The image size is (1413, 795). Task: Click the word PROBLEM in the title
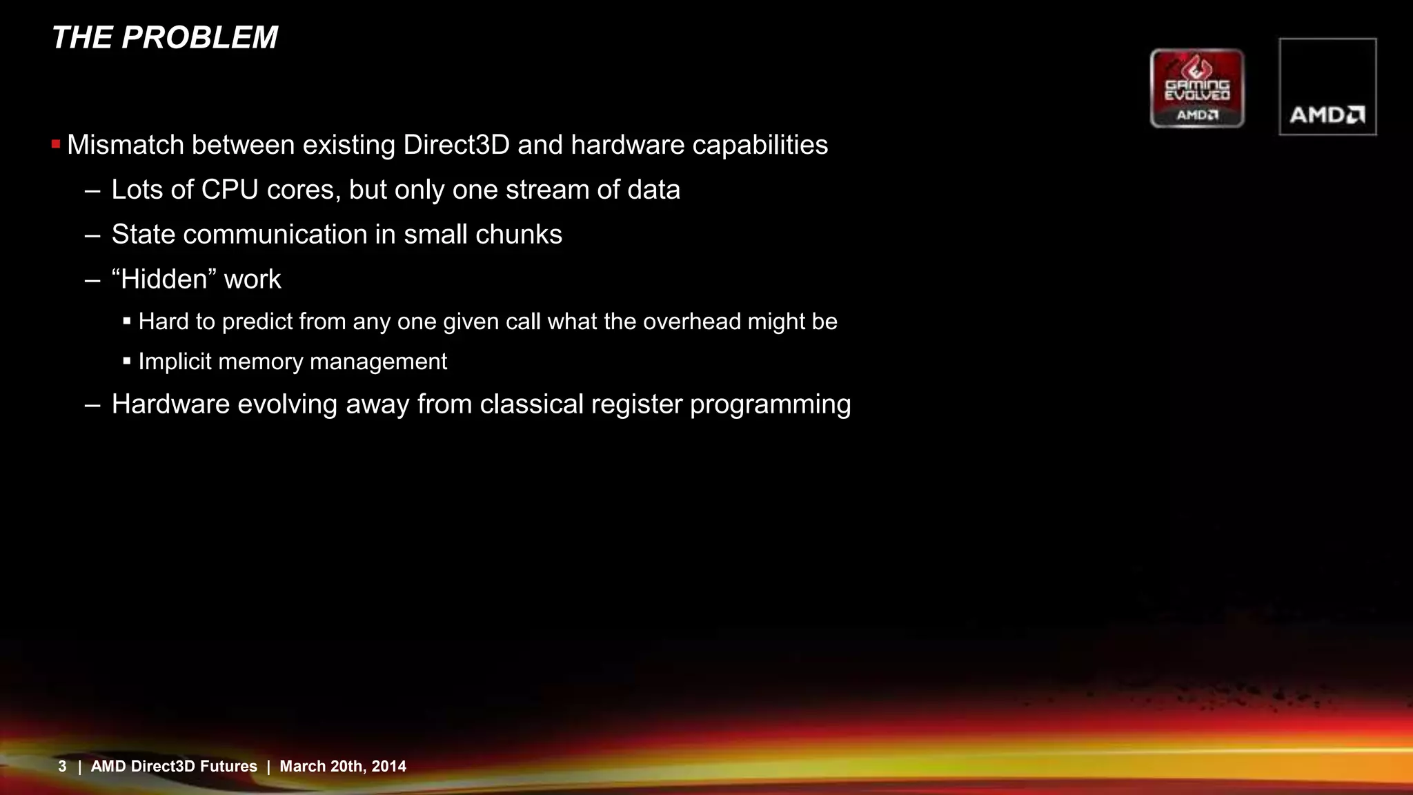pyautogui.click(x=199, y=37)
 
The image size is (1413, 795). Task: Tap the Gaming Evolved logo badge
pyautogui.click(x=1197, y=88)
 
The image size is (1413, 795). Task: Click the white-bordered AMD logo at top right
pyautogui.click(x=1327, y=87)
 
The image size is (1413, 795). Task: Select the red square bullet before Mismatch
pyautogui.click(x=56, y=144)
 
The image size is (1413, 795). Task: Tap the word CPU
pyautogui.click(x=230, y=190)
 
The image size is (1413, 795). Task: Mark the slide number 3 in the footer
pyautogui.click(x=62, y=766)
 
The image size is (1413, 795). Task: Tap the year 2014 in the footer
pyautogui.click(x=388, y=766)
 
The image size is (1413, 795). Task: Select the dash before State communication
pyautogui.click(x=92, y=235)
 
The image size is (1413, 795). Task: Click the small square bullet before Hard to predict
pyautogui.click(x=127, y=322)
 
